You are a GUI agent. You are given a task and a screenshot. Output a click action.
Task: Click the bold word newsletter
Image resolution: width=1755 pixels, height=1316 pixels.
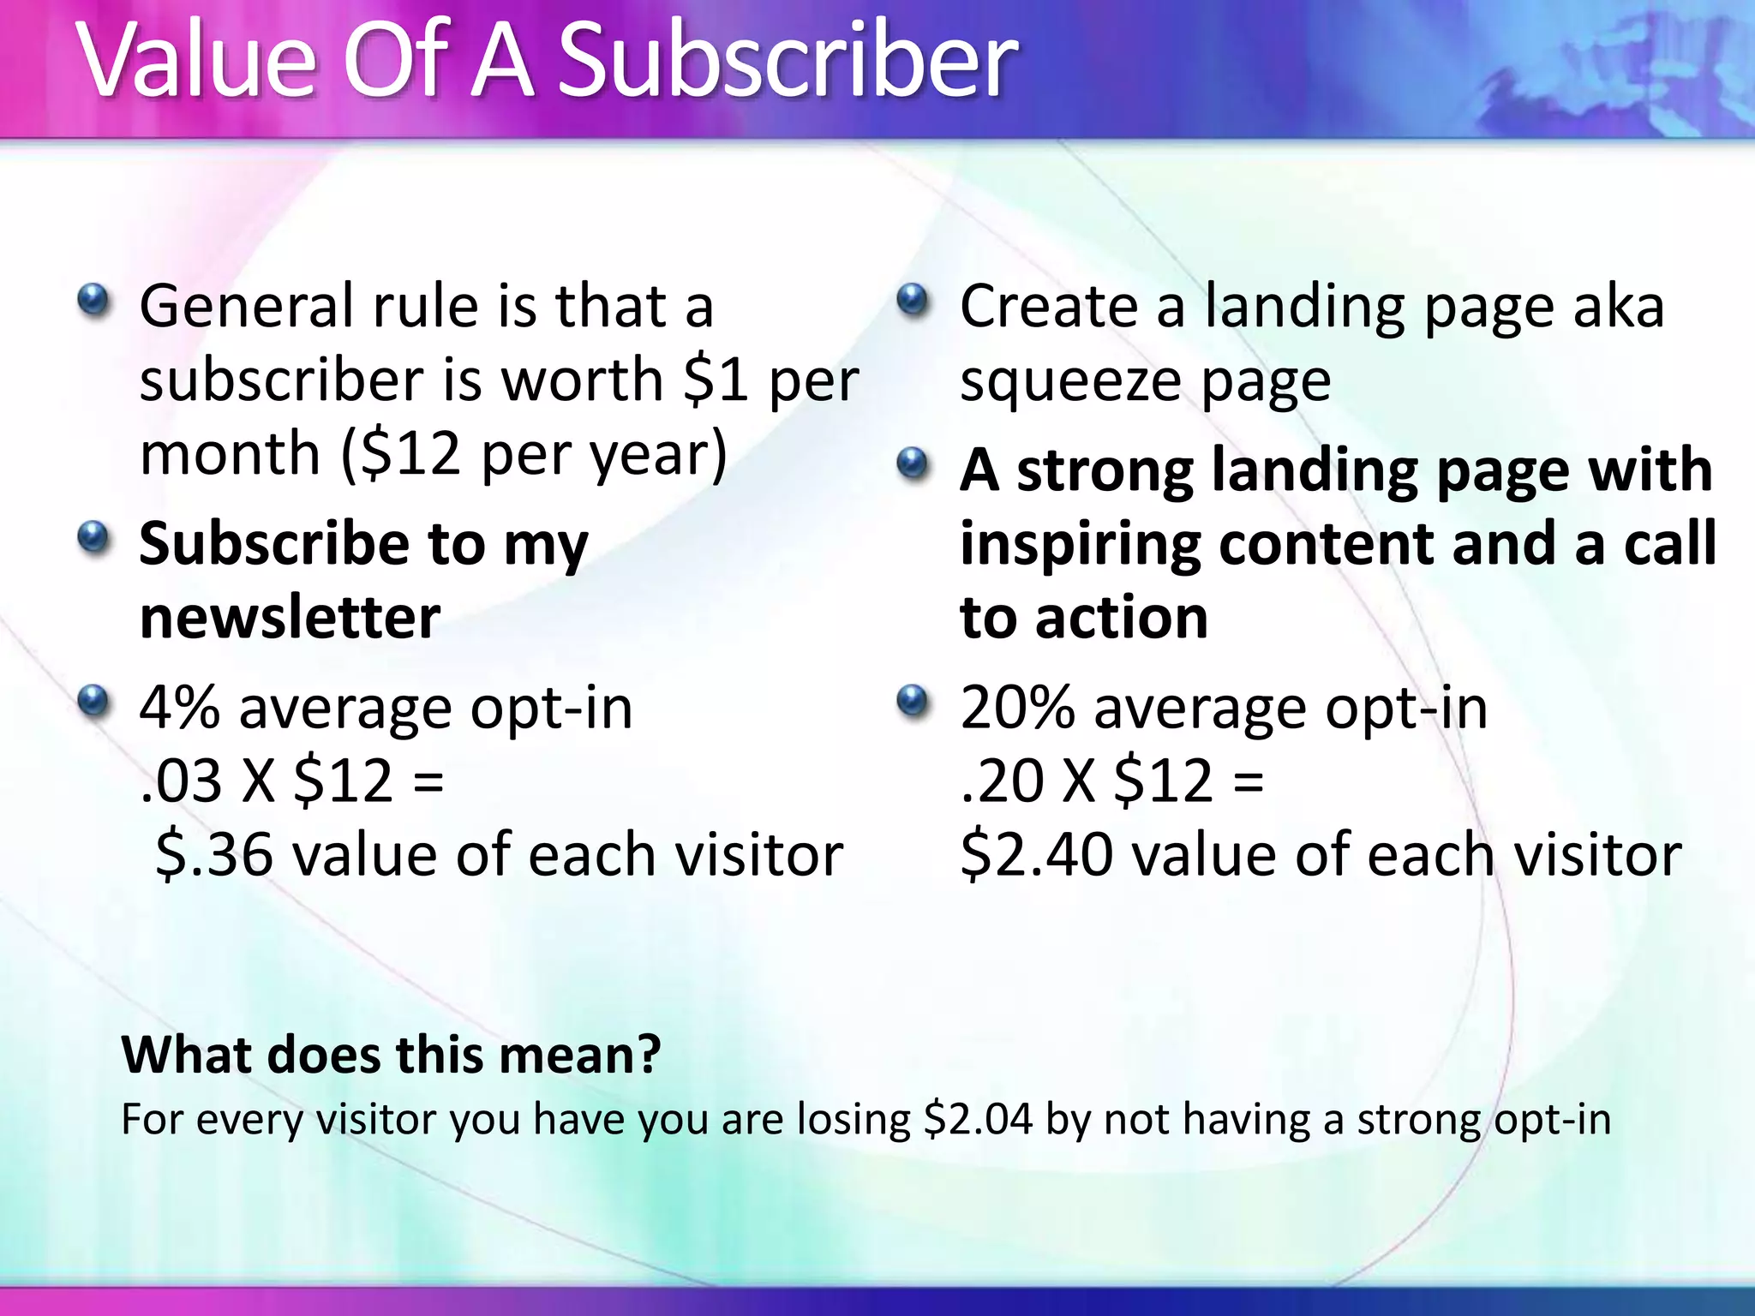click(x=290, y=617)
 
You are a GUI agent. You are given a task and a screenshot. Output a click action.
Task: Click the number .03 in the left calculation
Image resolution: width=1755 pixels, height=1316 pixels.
click(x=181, y=781)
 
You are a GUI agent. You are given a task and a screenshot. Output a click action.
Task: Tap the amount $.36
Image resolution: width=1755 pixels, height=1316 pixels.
click(x=214, y=855)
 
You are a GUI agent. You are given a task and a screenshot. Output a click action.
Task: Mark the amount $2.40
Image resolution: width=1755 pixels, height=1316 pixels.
click(x=1036, y=855)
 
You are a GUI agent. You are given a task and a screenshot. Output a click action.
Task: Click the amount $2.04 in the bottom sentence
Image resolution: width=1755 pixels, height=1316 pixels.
click(x=978, y=1119)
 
